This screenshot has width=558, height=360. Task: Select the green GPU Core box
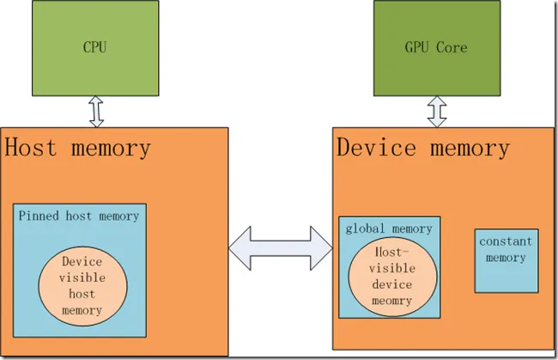(x=436, y=48)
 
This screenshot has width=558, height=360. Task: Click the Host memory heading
(x=78, y=147)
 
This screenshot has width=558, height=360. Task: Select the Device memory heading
(x=422, y=147)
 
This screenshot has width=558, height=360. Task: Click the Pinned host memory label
(x=79, y=216)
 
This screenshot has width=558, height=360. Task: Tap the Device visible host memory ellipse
(x=83, y=285)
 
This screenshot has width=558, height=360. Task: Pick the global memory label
(x=389, y=229)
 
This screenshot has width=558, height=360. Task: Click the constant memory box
(x=506, y=259)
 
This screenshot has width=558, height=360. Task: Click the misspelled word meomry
(x=391, y=301)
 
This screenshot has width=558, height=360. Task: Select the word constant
(x=506, y=241)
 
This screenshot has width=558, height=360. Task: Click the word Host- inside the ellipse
(x=391, y=252)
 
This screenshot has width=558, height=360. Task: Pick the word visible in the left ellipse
(x=82, y=278)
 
